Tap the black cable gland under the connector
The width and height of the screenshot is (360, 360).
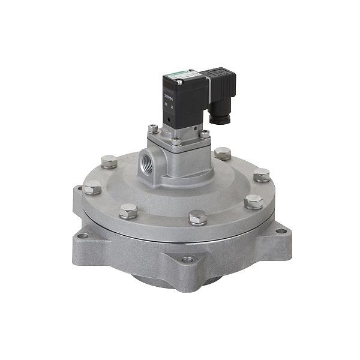223,117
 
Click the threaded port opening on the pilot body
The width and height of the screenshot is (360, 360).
147,162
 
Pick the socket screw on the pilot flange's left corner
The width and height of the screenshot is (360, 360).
154,128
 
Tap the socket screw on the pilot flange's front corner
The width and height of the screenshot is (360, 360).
176,142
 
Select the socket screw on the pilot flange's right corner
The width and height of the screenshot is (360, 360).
205,134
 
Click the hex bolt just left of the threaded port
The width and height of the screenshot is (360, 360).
109,161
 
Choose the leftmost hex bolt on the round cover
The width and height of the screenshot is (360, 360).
92,188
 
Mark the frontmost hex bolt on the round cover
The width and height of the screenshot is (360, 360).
197,217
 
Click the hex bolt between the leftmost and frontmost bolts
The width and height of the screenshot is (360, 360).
128,211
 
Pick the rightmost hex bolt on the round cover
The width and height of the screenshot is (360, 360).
262,175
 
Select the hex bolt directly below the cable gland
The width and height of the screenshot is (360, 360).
223,153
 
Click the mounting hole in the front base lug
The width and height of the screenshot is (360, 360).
188,259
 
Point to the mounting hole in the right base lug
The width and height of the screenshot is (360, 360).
281,230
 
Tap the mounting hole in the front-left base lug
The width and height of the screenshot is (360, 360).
83,235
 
